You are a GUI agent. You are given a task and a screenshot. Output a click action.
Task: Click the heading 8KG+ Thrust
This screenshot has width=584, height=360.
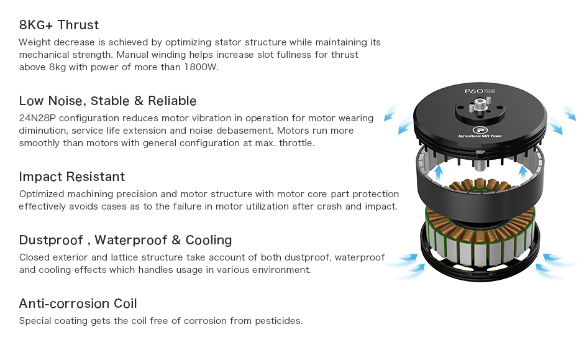59,25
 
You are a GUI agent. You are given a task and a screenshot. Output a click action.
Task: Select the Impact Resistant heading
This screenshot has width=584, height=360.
72,177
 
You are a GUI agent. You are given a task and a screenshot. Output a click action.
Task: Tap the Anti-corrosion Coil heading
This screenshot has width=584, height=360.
78,303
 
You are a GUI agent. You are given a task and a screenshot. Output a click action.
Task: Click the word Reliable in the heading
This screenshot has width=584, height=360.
172,101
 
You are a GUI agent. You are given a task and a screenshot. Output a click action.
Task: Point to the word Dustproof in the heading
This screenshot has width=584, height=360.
51,240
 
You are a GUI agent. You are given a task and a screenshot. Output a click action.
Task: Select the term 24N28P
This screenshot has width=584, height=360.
37,118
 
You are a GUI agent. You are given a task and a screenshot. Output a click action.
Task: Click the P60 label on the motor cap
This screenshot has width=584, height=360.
474,91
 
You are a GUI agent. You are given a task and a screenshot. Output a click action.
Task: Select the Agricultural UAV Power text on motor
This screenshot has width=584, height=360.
480,136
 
